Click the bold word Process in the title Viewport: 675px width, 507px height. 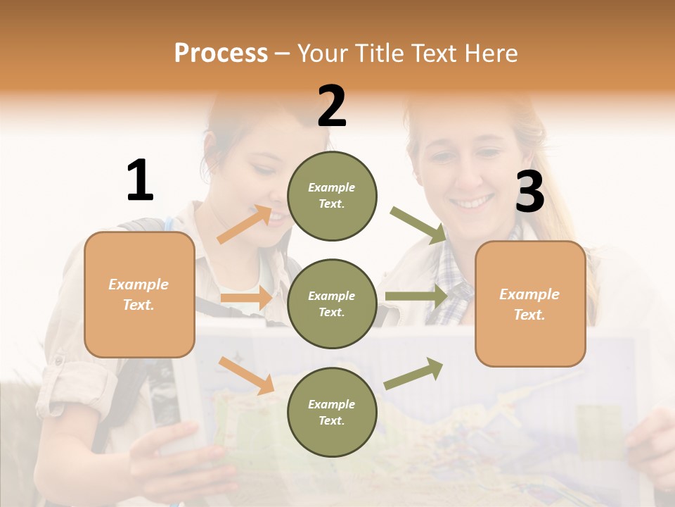221,53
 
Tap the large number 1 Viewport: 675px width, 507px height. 140,180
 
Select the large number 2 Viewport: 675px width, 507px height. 332,106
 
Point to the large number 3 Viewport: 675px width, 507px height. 529,192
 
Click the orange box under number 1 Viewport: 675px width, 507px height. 139,294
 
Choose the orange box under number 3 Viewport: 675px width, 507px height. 530,304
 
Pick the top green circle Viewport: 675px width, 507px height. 332,196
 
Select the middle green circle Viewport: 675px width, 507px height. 332,303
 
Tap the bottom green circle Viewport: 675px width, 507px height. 332,412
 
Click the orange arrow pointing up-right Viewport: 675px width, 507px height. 245,224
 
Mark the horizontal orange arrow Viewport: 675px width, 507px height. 245,299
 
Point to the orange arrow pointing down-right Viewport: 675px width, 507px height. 246,375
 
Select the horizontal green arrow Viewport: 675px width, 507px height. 416,296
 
